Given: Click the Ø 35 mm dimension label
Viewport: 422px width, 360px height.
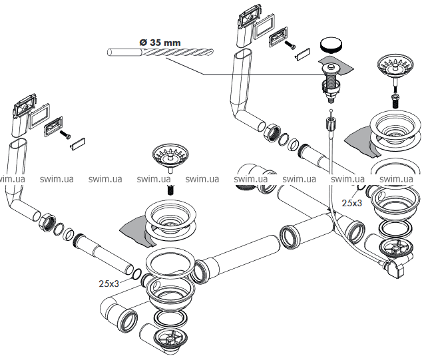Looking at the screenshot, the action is point(160,43).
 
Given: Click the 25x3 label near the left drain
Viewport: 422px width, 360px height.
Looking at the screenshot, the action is point(108,283).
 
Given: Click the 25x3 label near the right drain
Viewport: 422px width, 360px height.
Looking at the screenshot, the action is point(351,203).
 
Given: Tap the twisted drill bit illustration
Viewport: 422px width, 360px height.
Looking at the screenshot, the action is point(160,52).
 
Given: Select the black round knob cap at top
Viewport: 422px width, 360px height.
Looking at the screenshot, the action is point(331,45).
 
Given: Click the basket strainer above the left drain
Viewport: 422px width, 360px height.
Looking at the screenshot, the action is point(170,158).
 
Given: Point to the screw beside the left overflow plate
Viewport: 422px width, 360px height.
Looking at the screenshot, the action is point(65,134).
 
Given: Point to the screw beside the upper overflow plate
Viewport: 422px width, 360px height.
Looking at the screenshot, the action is point(291,45).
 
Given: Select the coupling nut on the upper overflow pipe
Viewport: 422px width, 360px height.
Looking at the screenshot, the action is point(272,132).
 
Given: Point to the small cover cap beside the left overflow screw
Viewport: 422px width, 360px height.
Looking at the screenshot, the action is point(78,143).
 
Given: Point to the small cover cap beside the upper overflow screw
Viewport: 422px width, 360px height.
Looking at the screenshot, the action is point(303,54).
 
